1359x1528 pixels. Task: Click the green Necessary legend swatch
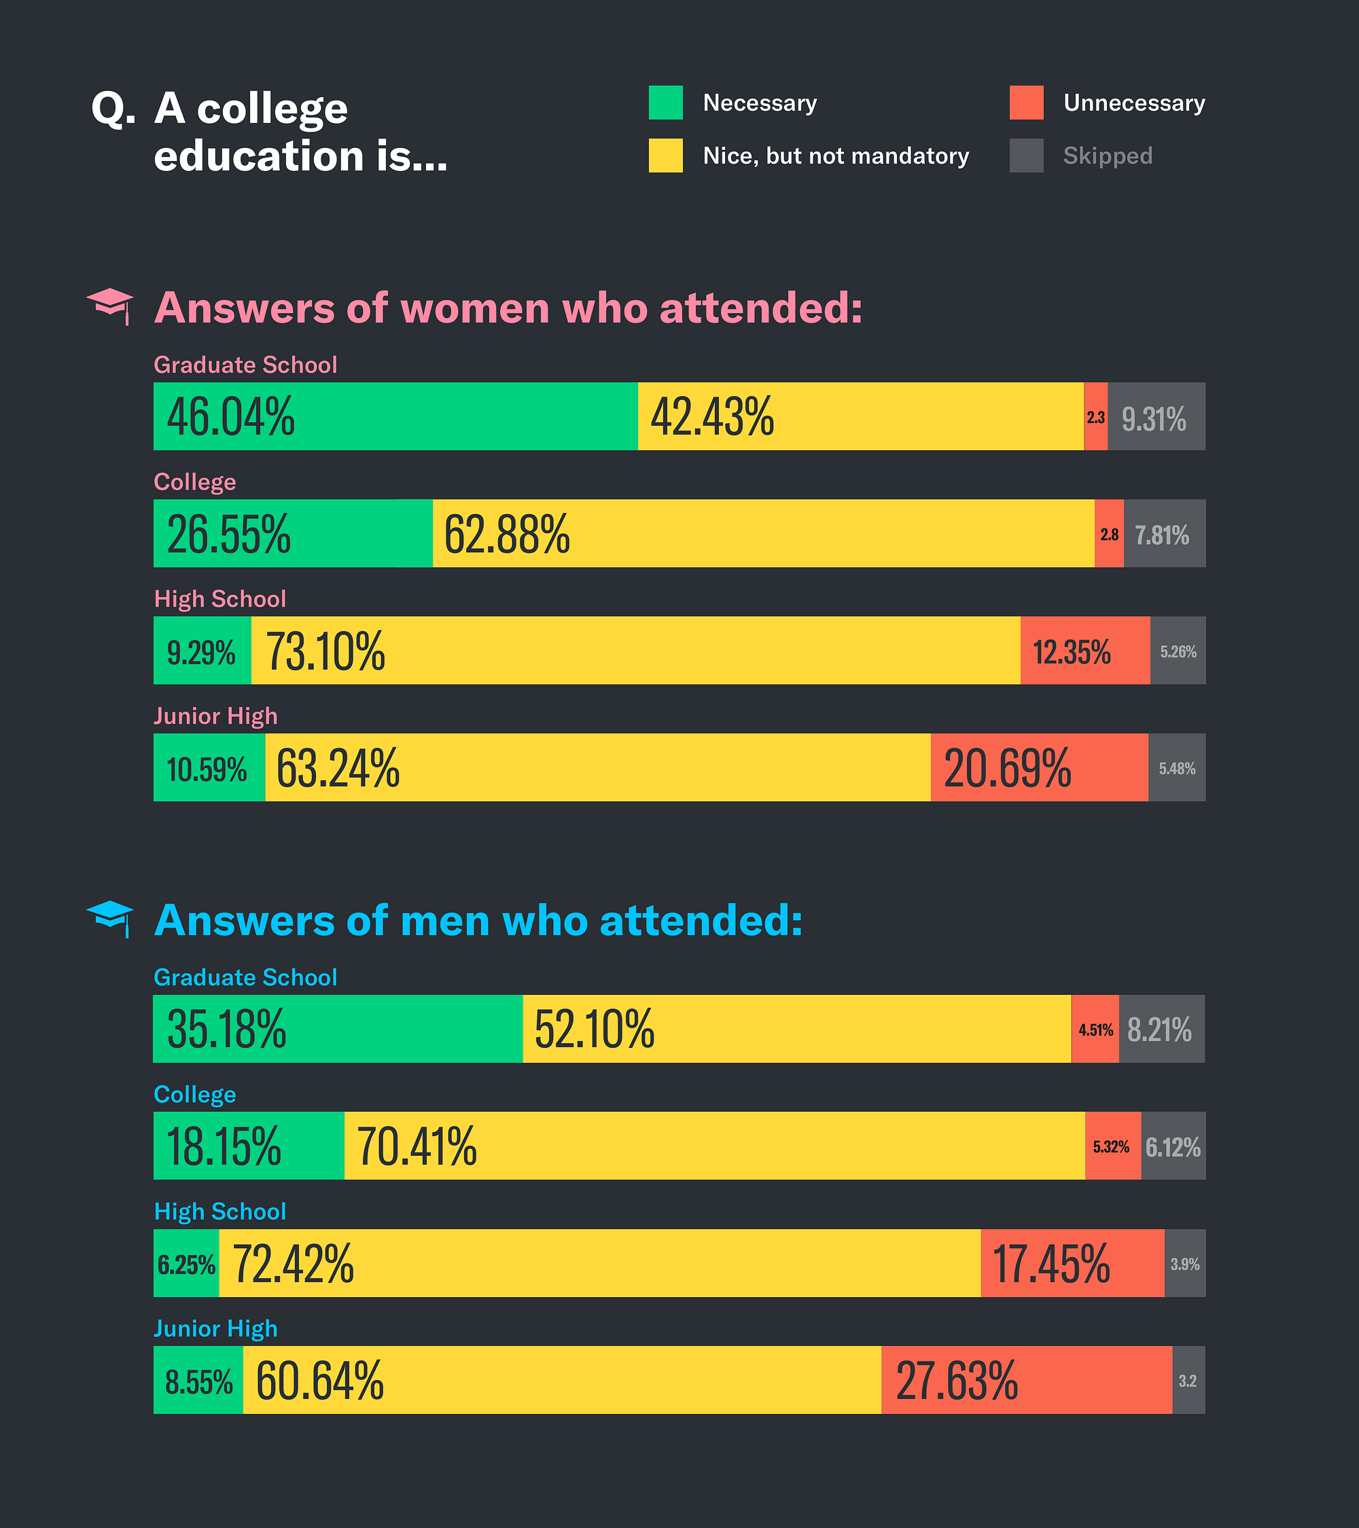click(666, 103)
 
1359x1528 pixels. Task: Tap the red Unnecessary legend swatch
click(1026, 103)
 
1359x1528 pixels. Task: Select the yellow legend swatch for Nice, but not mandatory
click(666, 156)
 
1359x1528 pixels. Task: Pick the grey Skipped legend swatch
click(1026, 156)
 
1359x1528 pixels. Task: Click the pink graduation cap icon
click(110, 305)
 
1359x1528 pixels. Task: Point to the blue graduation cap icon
click(110, 918)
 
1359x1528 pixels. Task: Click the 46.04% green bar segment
click(395, 416)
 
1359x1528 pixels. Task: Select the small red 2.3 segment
click(1096, 416)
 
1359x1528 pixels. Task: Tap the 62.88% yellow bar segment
click(763, 533)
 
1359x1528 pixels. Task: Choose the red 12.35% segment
click(1084, 651)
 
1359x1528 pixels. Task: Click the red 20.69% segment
click(1039, 768)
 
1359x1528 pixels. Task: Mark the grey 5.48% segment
click(1176, 768)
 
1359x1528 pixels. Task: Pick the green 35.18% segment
click(337, 1029)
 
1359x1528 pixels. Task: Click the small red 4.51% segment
click(1095, 1029)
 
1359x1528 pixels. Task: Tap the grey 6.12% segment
click(1173, 1146)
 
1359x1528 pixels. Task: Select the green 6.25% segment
click(186, 1263)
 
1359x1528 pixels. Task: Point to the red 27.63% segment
click(1026, 1380)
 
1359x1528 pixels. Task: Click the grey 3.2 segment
click(1188, 1380)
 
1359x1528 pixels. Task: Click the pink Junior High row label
click(215, 716)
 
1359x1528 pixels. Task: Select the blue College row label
click(194, 1095)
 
